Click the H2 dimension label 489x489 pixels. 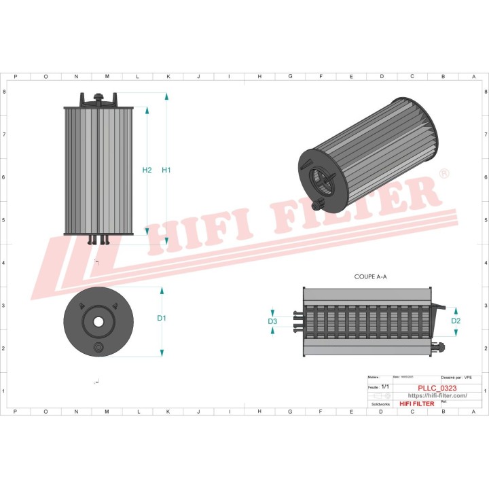pos(147,170)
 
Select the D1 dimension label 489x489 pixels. pos(162,318)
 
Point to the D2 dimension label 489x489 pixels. pos(456,321)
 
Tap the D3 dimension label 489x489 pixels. pos(272,321)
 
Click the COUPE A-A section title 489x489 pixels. pos(370,277)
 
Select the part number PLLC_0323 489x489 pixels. pos(437,388)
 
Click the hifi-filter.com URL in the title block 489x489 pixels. pos(437,396)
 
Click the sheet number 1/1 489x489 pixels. pos(385,386)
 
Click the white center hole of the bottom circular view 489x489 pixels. pos(98,321)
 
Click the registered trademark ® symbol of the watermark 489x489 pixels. pos(444,175)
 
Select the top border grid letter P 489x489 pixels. pos(15,77)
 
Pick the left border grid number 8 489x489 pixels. pos(6,91)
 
